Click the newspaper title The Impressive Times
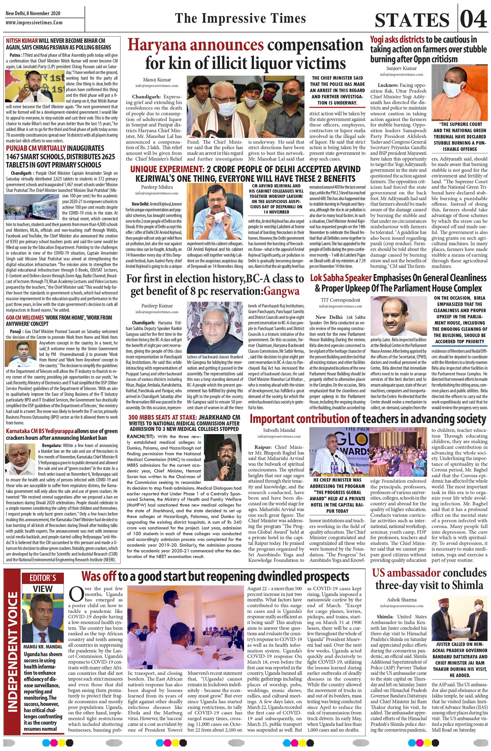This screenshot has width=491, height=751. coord(240,18)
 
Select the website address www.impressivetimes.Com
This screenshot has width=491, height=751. coord(34,23)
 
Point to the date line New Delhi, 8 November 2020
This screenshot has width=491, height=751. coord(33,14)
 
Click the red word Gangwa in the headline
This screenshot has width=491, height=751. coord(281,291)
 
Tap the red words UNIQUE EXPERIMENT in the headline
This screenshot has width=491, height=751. coord(167,169)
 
